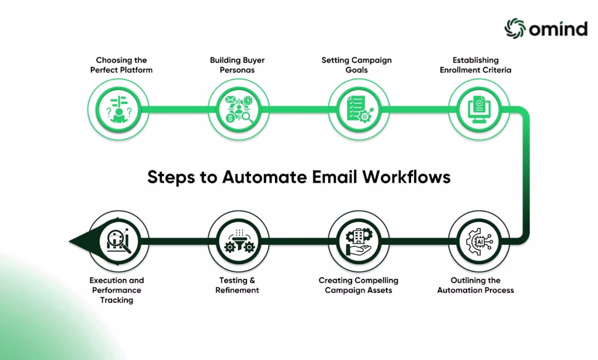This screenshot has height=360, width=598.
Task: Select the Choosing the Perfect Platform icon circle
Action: click(x=119, y=109)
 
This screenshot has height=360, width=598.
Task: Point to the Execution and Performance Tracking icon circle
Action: click(x=119, y=241)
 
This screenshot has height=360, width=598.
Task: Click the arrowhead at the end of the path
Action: click(x=77, y=241)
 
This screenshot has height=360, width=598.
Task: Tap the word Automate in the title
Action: click(x=256, y=178)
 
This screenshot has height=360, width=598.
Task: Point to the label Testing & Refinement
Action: click(x=237, y=285)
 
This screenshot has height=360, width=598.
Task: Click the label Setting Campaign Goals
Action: click(x=356, y=65)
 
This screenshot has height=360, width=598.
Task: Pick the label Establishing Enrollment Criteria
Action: click(x=475, y=65)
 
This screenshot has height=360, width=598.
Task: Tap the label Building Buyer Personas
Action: click(x=237, y=65)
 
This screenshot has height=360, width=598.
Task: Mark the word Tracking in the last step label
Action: click(x=116, y=300)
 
